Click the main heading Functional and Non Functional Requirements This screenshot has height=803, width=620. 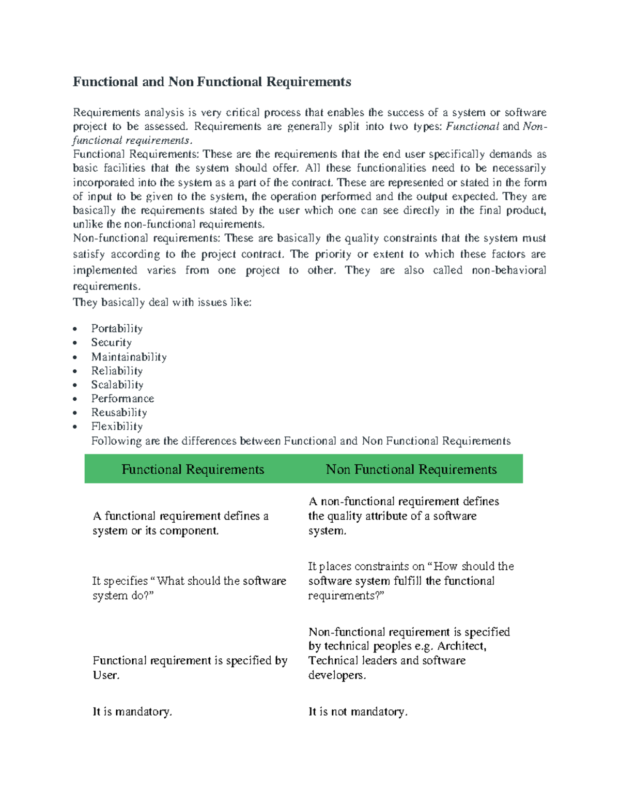pyautogui.click(x=212, y=82)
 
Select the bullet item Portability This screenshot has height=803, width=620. pyautogui.click(x=117, y=328)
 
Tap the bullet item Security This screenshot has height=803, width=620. pyautogui.click(x=111, y=342)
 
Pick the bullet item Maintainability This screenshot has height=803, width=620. pyautogui.click(x=129, y=357)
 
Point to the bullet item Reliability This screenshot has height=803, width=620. pyautogui.click(x=117, y=371)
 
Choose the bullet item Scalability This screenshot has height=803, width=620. pyautogui.click(x=117, y=385)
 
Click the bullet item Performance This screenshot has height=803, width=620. pyautogui.click(x=122, y=399)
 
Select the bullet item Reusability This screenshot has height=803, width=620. pyautogui.click(x=119, y=413)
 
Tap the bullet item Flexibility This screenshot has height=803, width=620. pyautogui.click(x=117, y=427)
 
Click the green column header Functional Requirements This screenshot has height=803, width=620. pyautogui.click(x=193, y=469)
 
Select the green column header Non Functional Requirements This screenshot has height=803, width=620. pyautogui.click(x=411, y=469)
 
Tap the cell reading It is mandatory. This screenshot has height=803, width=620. pyautogui.click(x=132, y=711)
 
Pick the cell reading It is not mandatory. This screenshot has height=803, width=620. pyautogui.click(x=358, y=711)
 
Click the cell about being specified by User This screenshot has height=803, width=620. pyautogui.click(x=190, y=668)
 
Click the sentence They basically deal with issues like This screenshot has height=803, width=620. pyautogui.click(x=162, y=302)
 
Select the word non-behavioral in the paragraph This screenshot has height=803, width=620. pyautogui.click(x=509, y=270)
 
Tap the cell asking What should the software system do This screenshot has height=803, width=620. pyautogui.click(x=189, y=588)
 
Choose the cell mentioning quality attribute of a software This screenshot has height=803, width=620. pyautogui.click(x=404, y=516)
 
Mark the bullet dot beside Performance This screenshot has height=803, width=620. pyautogui.click(x=75, y=399)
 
